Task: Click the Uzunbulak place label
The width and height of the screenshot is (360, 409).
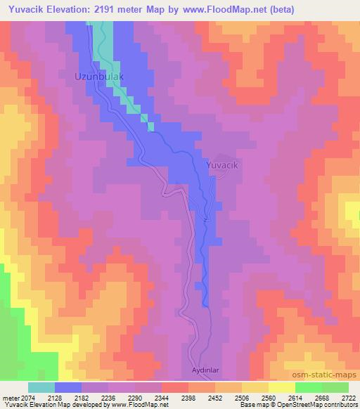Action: click(100, 74)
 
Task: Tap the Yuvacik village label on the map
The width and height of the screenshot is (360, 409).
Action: click(224, 164)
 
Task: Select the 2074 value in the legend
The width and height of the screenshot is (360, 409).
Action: click(29, 398)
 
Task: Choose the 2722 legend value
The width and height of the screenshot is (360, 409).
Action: click(347, 398)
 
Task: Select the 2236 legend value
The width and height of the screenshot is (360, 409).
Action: click(107, 398)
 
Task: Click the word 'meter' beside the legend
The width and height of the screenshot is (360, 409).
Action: click(11, 398)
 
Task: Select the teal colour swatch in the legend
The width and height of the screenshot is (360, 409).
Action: click(41, 387)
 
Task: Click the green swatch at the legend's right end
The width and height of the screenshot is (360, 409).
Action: click(335, 387)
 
